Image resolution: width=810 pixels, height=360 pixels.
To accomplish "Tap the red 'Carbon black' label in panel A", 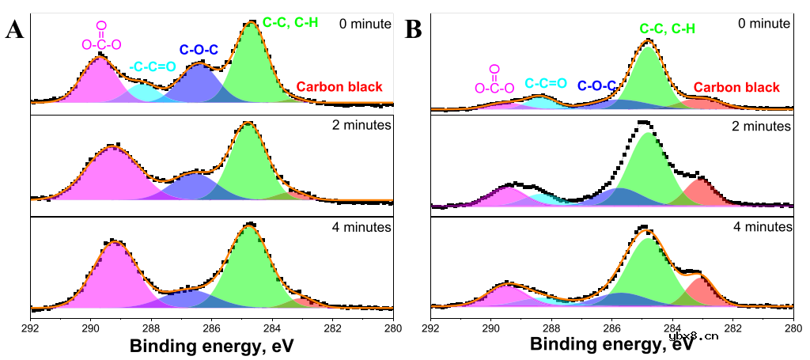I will [339, 87].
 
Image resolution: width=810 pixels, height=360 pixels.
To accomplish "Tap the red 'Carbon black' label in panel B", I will [736, 87].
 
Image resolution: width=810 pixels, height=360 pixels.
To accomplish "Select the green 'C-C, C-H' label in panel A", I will [290, 23].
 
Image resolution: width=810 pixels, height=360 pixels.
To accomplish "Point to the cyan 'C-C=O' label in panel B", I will [546, 82].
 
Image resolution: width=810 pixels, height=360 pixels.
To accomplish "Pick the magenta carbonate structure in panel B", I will [494, 79].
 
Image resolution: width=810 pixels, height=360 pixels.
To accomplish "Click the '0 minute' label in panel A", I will [364, 24].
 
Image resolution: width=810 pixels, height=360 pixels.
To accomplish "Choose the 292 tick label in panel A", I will [30, 328].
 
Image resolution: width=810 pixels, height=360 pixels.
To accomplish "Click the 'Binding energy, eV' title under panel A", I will [212, 346].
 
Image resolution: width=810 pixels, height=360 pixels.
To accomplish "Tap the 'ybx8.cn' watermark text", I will [694, 335].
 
